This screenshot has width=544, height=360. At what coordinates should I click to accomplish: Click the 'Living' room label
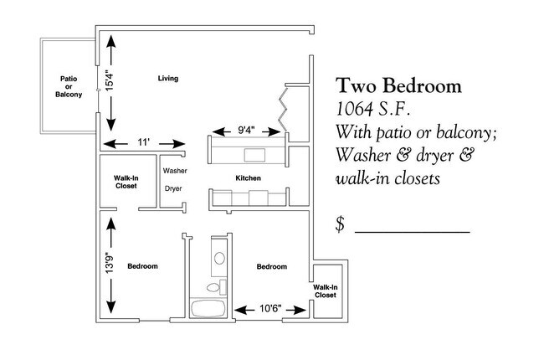168,79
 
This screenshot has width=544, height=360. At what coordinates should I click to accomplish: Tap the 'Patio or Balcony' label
69,87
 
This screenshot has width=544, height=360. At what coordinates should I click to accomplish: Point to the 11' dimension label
145,143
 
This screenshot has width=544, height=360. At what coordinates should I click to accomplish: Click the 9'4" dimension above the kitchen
246,131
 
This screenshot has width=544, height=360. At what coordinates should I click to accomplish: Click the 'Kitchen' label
248,179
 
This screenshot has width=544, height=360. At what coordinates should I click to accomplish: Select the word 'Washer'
175,171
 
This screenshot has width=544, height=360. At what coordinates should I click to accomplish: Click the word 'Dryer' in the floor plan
173,189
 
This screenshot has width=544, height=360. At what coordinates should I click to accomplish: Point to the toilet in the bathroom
214,287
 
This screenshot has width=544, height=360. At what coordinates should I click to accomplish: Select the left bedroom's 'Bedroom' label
142,266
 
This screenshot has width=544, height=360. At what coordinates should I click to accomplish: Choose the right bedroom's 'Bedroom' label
271,266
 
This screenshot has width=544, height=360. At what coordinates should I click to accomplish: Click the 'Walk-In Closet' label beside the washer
126,182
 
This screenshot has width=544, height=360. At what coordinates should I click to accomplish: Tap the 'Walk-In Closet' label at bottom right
325,291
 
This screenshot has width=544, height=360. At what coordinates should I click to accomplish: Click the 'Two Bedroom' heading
398,86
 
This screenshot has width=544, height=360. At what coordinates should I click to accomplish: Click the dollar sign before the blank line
341,224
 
